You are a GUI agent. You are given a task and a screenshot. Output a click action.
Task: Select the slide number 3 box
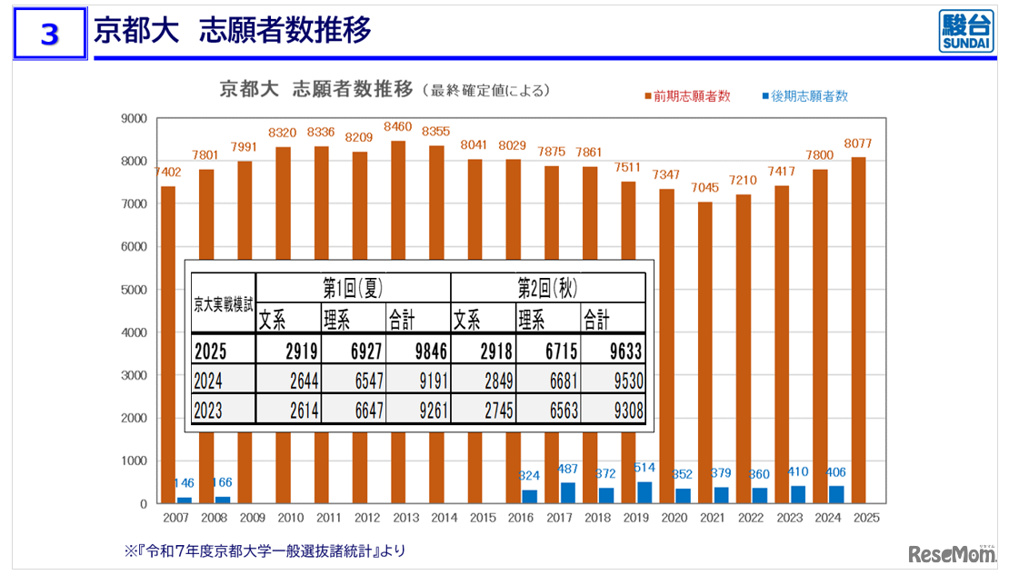pos(50,34)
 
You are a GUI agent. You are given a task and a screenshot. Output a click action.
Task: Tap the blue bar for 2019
pos(644,491)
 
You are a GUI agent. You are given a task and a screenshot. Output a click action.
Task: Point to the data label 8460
pos(398,126)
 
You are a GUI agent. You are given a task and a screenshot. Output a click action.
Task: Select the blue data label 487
pos(567,469)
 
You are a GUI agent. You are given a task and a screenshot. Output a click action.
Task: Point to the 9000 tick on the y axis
pos(134,118)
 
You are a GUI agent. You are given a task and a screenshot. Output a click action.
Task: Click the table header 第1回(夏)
pos(353,287)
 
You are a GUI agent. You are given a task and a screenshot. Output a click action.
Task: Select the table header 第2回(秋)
pos(547,287)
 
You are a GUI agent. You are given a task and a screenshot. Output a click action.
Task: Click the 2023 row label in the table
pos(208,410)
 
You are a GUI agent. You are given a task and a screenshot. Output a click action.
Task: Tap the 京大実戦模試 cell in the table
pos(223,303)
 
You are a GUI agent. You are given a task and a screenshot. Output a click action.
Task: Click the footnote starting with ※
pos(265,550)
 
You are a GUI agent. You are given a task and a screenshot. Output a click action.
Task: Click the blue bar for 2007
pos(185,500)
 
